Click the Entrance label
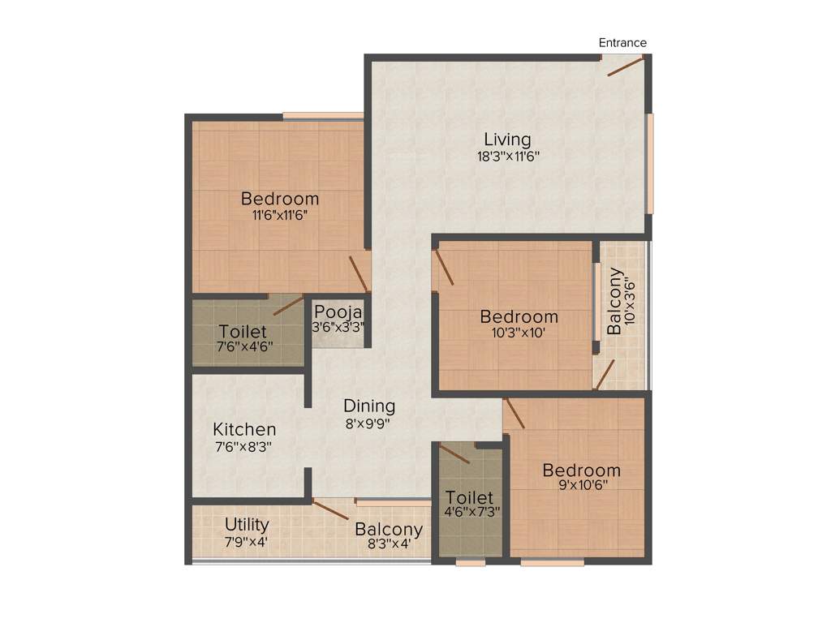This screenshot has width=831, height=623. tap(622, 43)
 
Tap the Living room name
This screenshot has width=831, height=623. tap(507, 140)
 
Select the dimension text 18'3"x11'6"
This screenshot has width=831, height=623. tap(508, 156)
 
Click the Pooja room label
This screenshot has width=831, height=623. tap(338, 311)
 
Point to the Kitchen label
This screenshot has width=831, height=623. tap(244, 430)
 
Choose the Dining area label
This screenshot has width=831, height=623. tap(369, 406)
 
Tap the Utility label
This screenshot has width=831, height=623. tap(247, 525)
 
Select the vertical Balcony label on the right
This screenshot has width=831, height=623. tap(616, 301)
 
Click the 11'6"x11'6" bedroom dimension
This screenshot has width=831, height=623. tap(279, 215)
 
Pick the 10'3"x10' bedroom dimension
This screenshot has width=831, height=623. tap(519, 332)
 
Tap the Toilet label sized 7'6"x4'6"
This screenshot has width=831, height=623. tap(243, 332)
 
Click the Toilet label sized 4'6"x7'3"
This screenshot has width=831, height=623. tap(469, 497)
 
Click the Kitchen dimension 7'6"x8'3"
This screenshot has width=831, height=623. tap(243, 446)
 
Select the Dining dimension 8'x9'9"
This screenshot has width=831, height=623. tap(368, 423)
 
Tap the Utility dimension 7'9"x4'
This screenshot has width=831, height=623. tap(246, 541)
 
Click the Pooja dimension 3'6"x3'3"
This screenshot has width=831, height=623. tap(338, 327)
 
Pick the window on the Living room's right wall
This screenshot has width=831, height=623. tap(649, 163)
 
